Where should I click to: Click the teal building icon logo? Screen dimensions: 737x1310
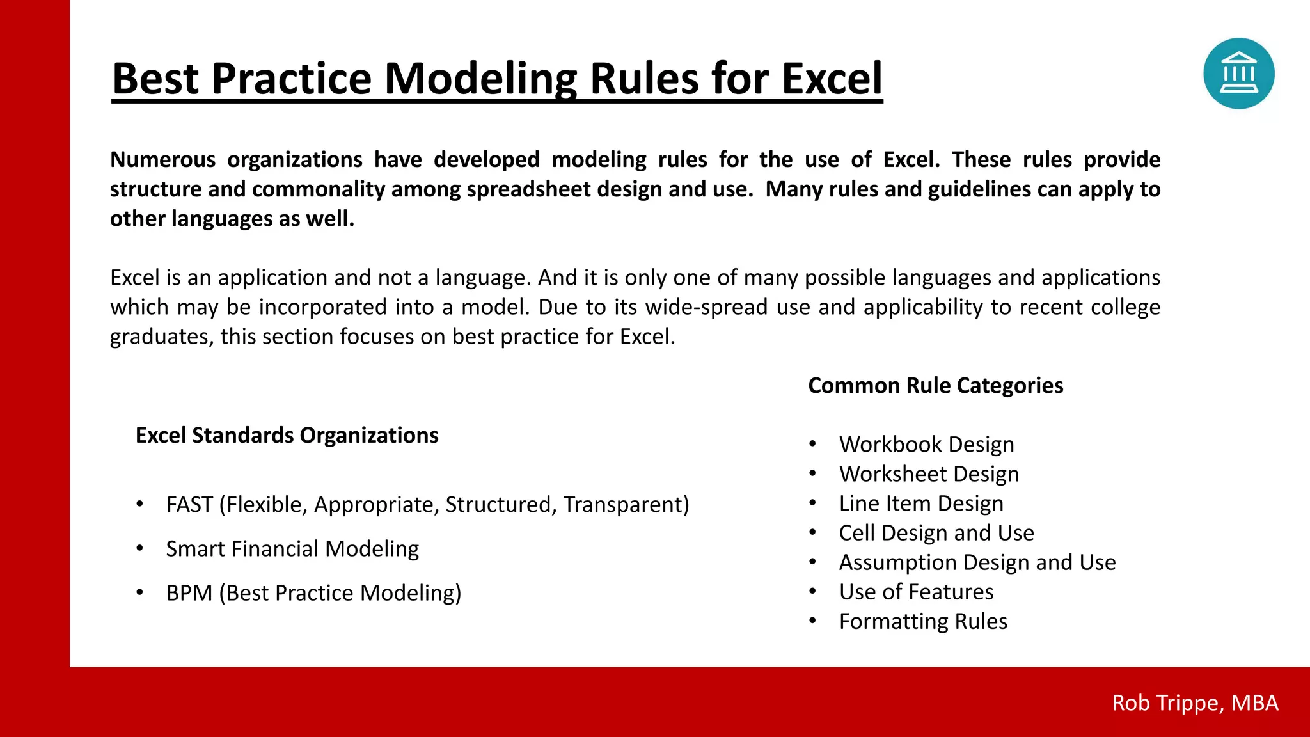pyautogui.click(x=1238, y=74)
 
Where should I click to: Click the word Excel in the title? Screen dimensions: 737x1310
pyautogui.click(x=832, y=79)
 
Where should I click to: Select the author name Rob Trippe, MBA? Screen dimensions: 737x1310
pyautogui.click(x=1195, y=702)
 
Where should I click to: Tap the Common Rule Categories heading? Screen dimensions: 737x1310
pyautogui.click(x=935, y=386)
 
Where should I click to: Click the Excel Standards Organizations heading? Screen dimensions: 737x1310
pyautogui.click(x=287, y=436)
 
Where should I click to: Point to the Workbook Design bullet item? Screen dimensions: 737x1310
pyautogui.click(x=926, y=445)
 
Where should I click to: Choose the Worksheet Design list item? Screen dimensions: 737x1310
pyautogui.click(x=929, y=474)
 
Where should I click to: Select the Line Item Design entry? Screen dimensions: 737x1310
pyautogui.click(x=921, y=503)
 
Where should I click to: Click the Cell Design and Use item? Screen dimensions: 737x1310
pyautogui.click(x=936, y=533)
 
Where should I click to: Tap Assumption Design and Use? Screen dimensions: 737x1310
pyautogui.click(x=977, y=562)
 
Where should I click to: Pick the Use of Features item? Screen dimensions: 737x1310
pyautogui.click(x=916, y=592)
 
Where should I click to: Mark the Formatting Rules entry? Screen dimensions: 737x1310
pyautogui.click(x=923, y=621)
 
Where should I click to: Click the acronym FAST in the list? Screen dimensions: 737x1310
pyautogui.click(x=189, y=505)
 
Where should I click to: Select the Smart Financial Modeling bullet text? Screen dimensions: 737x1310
pyautogui.click(x=292, y=549)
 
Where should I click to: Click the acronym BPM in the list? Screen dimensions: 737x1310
pyautogui.click(x=189, y=593)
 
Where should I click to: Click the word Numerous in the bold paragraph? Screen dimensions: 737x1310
pyautogui.click(x=162, y=159)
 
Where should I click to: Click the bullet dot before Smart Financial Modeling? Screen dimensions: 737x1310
pyautogui.click(x=139, y=548)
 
